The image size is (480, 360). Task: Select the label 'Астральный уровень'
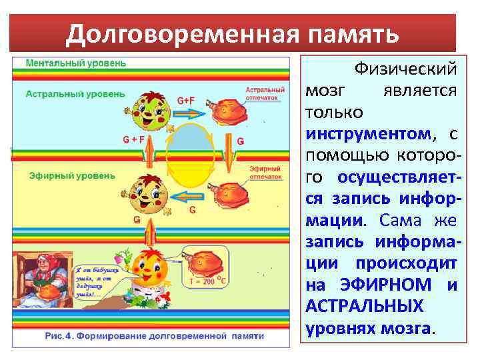click(75, 94)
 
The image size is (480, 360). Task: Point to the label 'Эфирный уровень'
click(72, 176)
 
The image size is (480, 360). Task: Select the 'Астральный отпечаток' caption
click(265, 93)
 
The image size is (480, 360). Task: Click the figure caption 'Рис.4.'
click(59, 337)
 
